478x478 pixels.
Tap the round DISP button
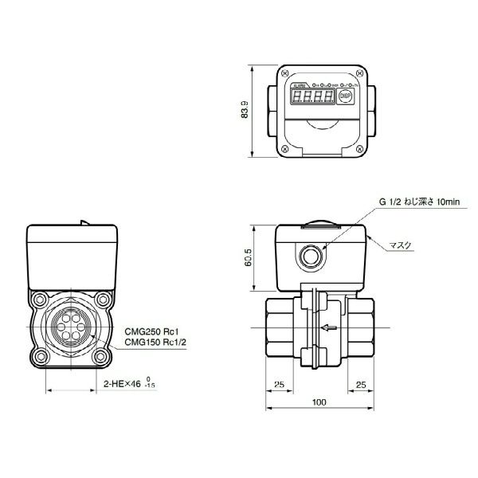(345, 96)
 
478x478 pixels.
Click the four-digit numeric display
(311, 98)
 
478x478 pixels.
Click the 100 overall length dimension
(319, 403)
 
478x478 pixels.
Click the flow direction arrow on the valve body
(327, 327)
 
